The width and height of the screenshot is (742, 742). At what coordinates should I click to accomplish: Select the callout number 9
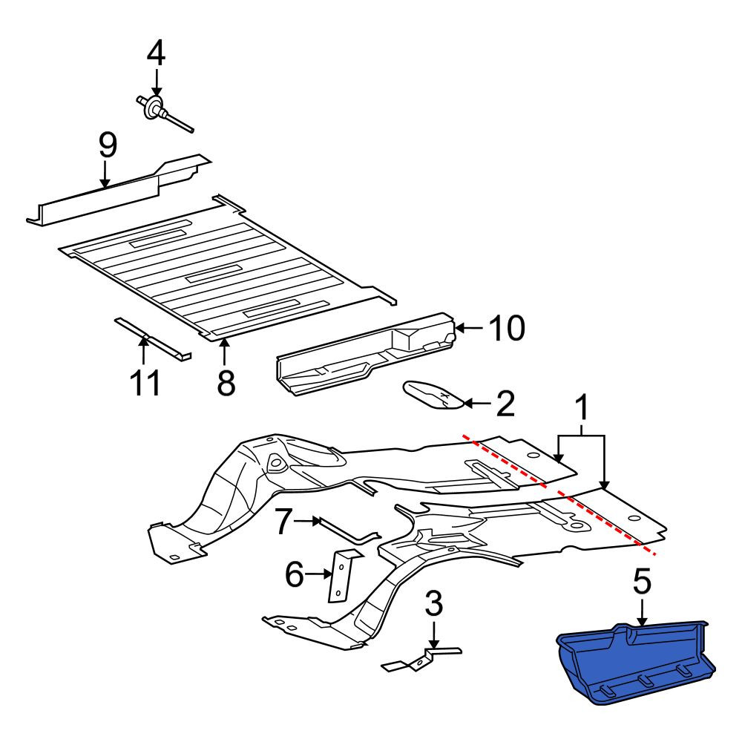click(108, 145)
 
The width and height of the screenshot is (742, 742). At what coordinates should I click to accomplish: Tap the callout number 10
click(507, 327)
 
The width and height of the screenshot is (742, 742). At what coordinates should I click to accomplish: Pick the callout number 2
click(505, 404)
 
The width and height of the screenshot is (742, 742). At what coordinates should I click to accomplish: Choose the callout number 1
click(582, 408)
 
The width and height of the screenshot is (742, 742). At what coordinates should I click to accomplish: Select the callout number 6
click(295, 574)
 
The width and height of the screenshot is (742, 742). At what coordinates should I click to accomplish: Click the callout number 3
click(434, 604)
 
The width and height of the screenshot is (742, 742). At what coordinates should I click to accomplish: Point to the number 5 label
click(642, 582)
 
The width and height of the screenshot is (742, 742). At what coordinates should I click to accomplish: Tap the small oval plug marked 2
click(434, 395)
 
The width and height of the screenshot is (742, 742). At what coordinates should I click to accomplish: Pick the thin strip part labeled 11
click(154, 339)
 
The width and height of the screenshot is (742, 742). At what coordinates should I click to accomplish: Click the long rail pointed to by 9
click(118, 190)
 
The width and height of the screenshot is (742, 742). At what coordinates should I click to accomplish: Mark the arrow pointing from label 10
click(468, 327)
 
